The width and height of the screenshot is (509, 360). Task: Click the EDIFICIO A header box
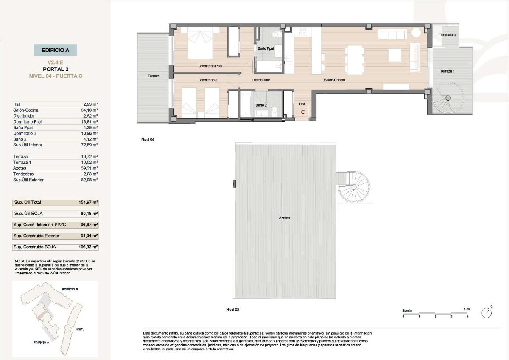tap(56, 50)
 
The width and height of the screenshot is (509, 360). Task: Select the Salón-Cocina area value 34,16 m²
tap(90, 110)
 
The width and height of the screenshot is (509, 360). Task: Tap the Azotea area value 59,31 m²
tap(90, 168)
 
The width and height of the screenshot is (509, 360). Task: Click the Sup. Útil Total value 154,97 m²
tap(89, 202)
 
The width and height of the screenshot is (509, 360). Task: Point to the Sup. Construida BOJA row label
tap(34, 247)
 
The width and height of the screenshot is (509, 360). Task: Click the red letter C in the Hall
tap(302, 112)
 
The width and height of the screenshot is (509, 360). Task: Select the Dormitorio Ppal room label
tap(210, 66)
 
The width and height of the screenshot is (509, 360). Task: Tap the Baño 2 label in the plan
tap(261, 105)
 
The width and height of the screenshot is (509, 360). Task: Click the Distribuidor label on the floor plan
tap(261, 80)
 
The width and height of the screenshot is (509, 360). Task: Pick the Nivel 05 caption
tap(232, 310)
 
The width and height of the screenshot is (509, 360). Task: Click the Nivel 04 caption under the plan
tap(148, 139)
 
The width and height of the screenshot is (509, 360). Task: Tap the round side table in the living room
tap(416, 33)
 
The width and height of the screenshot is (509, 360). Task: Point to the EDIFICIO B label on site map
tap(70, 289)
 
